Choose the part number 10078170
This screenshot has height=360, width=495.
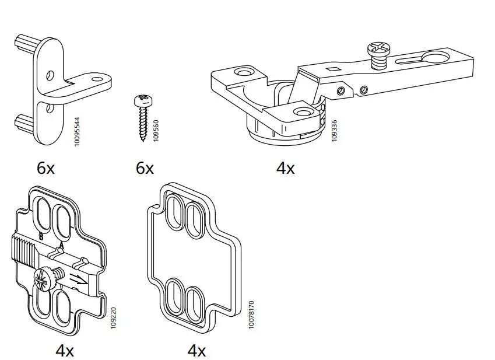(x=251, y=316)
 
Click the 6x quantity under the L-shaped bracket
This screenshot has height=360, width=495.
(x=45, y=169)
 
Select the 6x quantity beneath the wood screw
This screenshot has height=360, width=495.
(x=145, y=169)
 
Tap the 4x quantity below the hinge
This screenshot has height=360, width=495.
(x=285, y=169)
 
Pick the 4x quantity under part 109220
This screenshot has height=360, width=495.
(x=64, y=351)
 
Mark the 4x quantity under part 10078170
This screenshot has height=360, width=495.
(x=196, y=351)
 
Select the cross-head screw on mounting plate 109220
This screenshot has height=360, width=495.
(x=45, y=278)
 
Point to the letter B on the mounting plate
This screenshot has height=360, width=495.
(x=41, y=236)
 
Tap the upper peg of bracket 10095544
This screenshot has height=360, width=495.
(x=25, y=44)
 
